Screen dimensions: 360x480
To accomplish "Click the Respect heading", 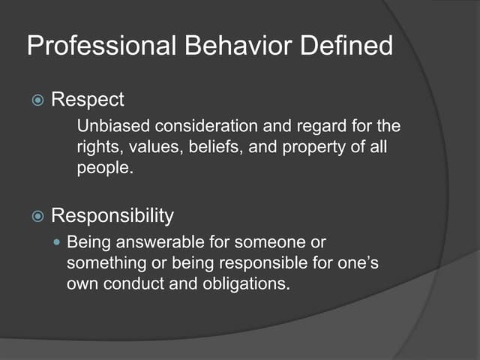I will [88, 100].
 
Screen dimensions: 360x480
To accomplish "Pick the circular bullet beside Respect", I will [37, 100].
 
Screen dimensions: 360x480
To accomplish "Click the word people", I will [104, 169].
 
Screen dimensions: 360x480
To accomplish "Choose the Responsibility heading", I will [112, 216].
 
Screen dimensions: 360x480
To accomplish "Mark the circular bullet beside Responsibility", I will [37, 217].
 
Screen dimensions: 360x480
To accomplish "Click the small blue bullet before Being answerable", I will [57, 243].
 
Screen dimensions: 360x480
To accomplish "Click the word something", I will [102, 264].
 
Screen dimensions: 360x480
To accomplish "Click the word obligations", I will [245, 285].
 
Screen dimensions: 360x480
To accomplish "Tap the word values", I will [151, 147].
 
